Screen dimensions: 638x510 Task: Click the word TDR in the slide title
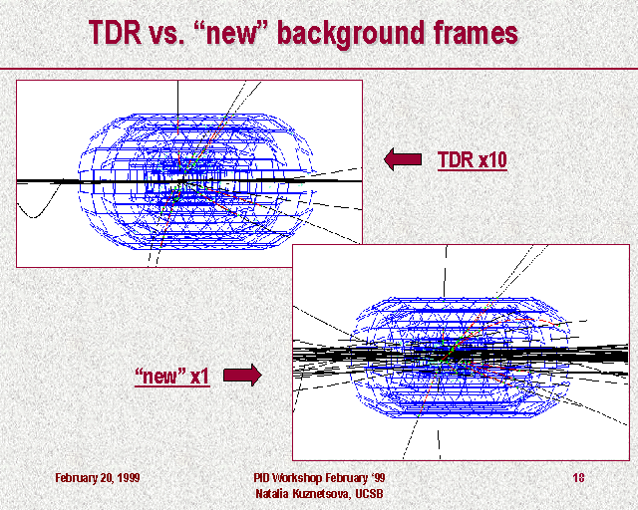point(115,32)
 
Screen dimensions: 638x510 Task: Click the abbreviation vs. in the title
point(167,33)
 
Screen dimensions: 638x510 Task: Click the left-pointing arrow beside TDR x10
point(403,159)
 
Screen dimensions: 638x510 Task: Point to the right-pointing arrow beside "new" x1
point(242,375)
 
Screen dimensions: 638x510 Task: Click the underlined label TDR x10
point(473,159)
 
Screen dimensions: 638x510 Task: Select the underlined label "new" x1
point(172,376)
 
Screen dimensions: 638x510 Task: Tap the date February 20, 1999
point(98,477)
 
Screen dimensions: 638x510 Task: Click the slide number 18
point(578,477)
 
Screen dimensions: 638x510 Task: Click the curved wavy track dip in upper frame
point(33,216)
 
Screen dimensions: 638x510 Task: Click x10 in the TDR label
point(492,159)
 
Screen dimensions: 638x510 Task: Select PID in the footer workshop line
point(261,477)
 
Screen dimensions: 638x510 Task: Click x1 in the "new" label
point(199,377)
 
